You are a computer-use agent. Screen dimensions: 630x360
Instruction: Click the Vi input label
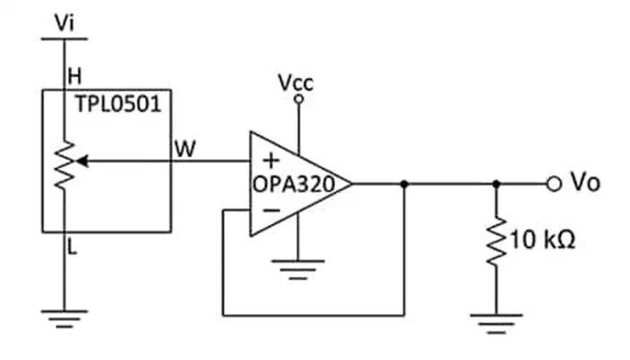(65, 23)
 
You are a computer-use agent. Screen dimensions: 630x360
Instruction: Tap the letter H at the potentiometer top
(74, 76)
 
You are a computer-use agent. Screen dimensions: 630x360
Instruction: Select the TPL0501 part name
(118, 104)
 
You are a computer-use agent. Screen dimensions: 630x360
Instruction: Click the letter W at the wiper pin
(186, 149)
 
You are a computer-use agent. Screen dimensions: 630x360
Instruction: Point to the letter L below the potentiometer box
(73, 247)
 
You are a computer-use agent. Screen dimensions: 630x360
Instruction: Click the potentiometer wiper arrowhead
(82, 161)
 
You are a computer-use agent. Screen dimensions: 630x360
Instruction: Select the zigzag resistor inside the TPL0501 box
(65, 165)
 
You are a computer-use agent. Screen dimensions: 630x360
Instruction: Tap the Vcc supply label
(296, 82)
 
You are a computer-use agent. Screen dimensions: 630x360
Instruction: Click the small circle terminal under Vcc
(298, 99)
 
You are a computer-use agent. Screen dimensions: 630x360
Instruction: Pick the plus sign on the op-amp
(272, 160)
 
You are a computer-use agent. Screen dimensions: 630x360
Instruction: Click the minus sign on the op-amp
(272, 210)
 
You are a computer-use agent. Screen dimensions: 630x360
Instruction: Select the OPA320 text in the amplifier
(294, 184)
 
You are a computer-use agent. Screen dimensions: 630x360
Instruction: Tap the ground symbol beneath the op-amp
(298, 269)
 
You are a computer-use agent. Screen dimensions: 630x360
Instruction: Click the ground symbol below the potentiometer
(65, 319)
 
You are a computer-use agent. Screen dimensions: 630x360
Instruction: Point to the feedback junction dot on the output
(404, 184)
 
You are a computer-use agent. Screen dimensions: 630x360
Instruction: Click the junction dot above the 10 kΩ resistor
(496, 184)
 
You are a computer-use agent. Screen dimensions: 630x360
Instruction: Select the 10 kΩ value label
(543, 240)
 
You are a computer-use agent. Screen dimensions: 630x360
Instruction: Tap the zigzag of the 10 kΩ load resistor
(496, 241)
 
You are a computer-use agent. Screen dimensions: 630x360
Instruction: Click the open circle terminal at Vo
(554, 184)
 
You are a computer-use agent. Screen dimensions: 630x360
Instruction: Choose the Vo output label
(585, 183)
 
